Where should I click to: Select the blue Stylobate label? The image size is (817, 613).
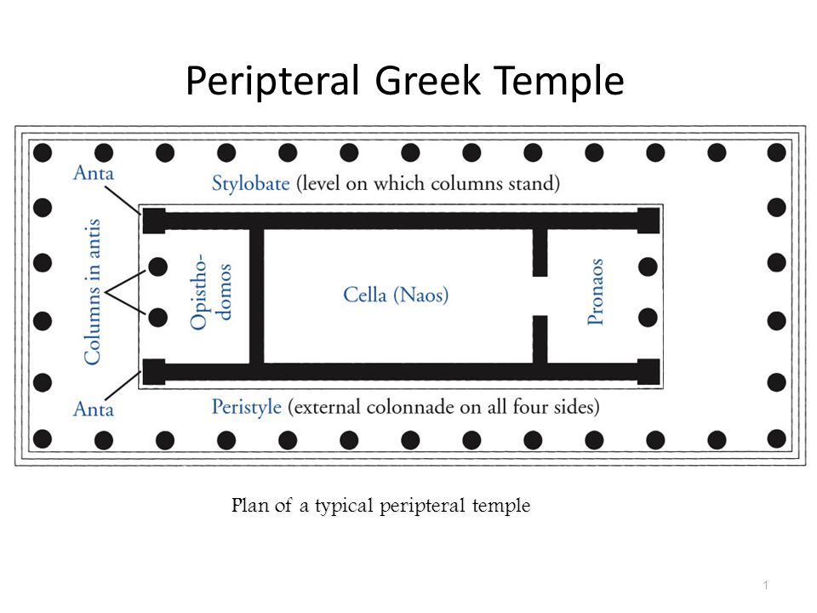pyautogui.click(x=250, y=183)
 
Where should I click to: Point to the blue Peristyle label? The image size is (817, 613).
pyautogui.click(x=247, y=407)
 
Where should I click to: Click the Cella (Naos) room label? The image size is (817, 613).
pyautogui.click(x=396, y=295)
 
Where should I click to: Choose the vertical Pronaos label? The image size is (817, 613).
pyautogui.click(x=597, y=292)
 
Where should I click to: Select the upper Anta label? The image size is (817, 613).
pyautogui.click(x=94, y=174)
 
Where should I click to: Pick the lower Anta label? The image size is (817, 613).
pyautogui.click(x=94, y=410)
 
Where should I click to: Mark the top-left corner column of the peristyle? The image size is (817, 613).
pyautogui.click(x=43, y=152)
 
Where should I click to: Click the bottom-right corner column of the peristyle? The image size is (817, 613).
pyautogui.click(x=776, y=438)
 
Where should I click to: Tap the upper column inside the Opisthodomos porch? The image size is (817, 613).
pyautogui.click(x=158, y=266)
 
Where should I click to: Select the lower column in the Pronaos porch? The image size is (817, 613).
pyautogui.click(x=648, y=318)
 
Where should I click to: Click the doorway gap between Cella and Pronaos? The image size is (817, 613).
pyautogui.click(x=540, y=295)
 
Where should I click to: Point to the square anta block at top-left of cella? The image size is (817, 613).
pyautogui.click(x=154, y=220)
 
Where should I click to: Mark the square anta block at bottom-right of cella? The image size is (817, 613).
pyautogui.click(x=648, y=371)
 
